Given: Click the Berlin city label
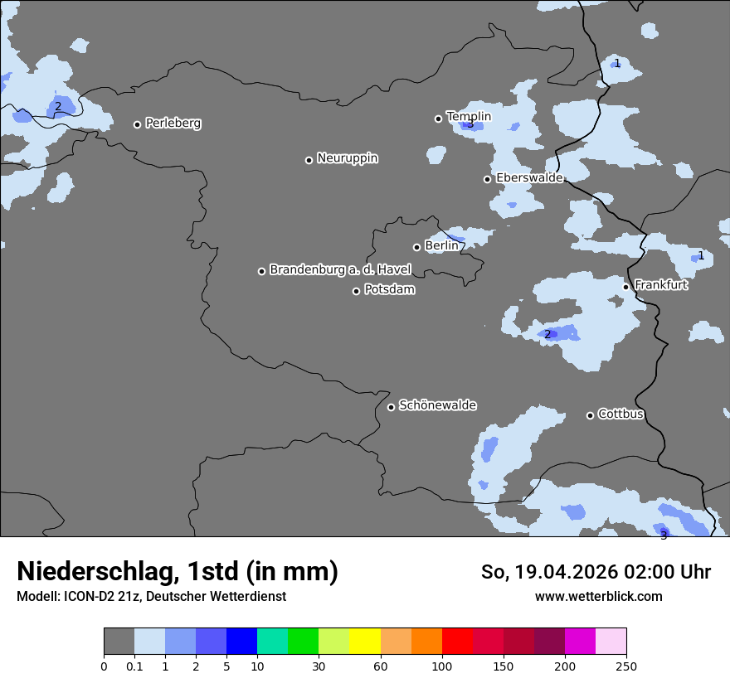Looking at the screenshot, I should (x=441, y=246).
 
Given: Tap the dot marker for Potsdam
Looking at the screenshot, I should (x=357, y=291).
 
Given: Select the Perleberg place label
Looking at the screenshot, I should (x=173, y=124).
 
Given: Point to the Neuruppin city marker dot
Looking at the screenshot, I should (x=309, y=160).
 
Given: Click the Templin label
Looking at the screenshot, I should (x=469, y=117).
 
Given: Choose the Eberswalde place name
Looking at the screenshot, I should (x=529, y=178).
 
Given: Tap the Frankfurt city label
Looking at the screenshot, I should (x=661, y=285).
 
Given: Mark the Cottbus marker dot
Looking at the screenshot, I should (x=591, y=415).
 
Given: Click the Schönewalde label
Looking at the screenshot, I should (x=437, y=405).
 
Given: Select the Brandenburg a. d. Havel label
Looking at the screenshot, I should (x=340, y=270).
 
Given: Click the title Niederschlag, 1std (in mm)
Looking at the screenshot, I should (x=178, y=572).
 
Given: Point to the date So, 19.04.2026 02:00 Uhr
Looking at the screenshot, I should (x=596, y=572).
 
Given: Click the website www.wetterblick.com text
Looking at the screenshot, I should (x=599, y=597).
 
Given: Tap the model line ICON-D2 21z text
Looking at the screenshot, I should (x=151, y=597).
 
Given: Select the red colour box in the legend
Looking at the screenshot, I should (x=457, y=642).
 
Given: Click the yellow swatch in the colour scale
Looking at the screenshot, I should (x=365, y=642).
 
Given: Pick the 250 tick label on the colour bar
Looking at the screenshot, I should (x=626, y=666).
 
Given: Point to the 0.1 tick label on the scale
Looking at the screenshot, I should (x=134, y=666).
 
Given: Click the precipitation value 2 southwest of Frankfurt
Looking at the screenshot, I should (x=547, y=334).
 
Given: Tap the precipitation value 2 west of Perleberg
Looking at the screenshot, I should (x=58, y=106).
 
